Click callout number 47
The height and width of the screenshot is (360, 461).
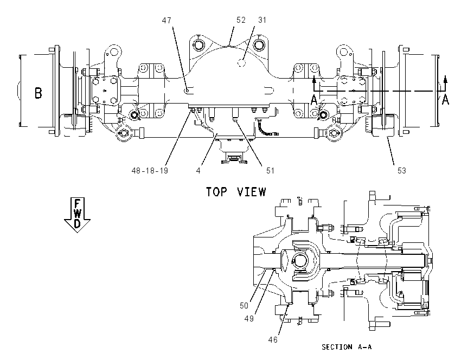(x=167, y=21)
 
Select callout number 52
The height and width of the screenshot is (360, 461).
(x=241, y=20)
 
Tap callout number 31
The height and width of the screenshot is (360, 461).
(x=262, y=20)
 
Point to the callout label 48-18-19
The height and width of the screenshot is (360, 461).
(x=150, y=171)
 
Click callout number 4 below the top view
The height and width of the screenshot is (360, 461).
(x=199, y=171)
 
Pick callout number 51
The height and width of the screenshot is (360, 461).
(x=270, y=171)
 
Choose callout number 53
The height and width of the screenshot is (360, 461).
(x=401, y=171)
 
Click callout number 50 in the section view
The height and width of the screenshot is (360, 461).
(x=244, y=306)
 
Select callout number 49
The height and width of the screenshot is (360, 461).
(x=249, y=319)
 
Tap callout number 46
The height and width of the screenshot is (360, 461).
(x=273, y=340)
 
